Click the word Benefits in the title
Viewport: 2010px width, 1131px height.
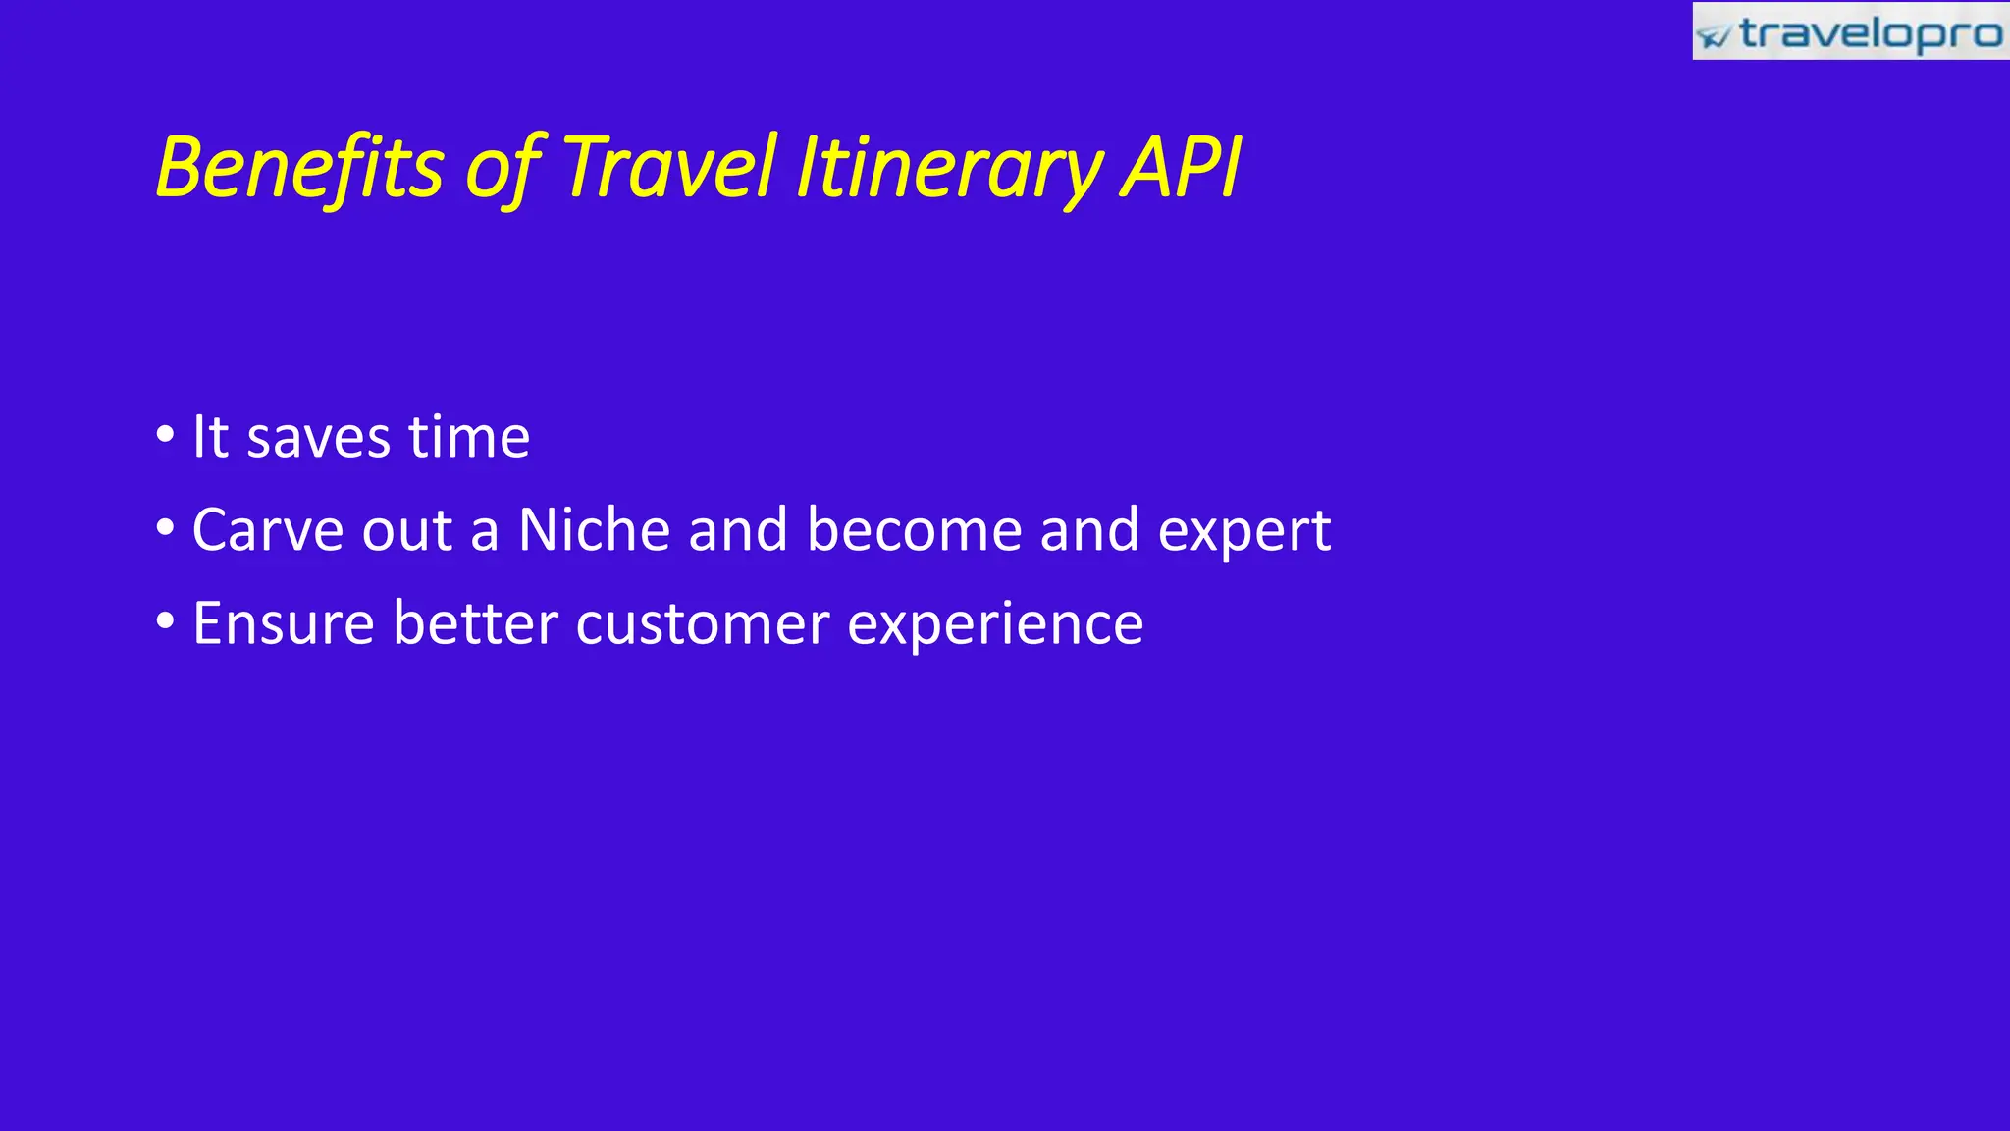(299, 167)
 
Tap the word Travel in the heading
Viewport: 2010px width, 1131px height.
(669, 167)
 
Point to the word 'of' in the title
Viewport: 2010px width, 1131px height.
(503, 169)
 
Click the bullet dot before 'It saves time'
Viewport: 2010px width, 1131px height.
(165, 434)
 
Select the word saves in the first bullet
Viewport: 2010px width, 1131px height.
(318, 438)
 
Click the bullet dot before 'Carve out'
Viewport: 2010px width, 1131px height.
(165, 528)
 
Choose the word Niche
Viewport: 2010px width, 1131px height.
(594, 530)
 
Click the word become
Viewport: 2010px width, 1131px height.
(914, 530)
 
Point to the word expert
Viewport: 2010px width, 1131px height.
(1244, 534)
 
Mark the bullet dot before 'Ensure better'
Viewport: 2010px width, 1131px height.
(165, 621)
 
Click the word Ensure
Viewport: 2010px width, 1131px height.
(284, 623)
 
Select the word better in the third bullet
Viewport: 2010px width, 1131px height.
(475, 623)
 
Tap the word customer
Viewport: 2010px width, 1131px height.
(703, 624)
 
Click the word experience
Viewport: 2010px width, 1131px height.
(995, 626)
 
